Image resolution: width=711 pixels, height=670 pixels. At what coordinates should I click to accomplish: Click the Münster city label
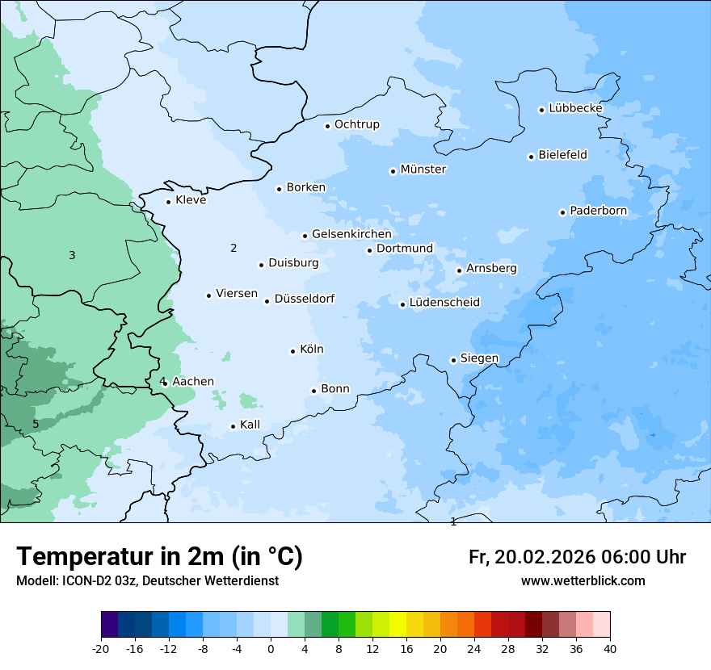coord(423,170)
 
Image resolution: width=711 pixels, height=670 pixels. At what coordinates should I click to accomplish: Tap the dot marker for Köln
coord(292,351)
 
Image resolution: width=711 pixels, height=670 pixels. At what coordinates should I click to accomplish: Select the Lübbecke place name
coord(575,108)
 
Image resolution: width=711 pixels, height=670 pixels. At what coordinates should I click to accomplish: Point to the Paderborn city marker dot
coord(562,212)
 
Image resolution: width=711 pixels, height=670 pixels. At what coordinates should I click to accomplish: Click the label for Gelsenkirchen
coord(351,234)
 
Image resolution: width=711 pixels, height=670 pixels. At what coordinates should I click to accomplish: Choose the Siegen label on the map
coord(479,358)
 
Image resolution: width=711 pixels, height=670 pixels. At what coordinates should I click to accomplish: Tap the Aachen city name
coord(193,382)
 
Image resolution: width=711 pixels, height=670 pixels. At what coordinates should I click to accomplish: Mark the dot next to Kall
coord(233,426)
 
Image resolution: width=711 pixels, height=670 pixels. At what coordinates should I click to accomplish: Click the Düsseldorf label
coord(305,299)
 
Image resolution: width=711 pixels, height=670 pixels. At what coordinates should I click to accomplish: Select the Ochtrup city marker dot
coord(327,126)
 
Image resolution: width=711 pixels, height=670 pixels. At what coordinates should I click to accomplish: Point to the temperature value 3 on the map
coord(72,256)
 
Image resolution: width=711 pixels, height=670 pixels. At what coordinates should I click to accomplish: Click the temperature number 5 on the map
coord(36,424)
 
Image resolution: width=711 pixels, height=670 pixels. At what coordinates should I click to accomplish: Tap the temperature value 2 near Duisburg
coord(233,248)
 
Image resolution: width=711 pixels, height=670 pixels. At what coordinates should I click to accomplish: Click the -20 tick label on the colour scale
coord(101,649)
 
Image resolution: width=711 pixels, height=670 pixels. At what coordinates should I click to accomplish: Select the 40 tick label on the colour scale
coord(610,649)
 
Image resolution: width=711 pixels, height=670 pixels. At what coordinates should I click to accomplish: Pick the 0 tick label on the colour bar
coord(271,649)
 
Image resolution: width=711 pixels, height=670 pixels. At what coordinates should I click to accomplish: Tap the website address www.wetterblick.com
coord(583,581)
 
